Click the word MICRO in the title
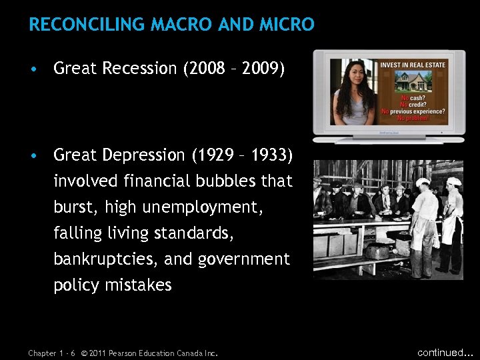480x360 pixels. pyautogui.click(x=287, y=25)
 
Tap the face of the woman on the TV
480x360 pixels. pyautogui.click(x=353, y=74)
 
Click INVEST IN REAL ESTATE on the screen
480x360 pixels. pyautogui.click(x=413, y=65)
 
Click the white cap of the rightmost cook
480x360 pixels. pyautogui.click(x=454, y=181)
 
